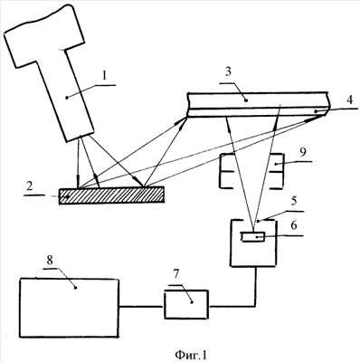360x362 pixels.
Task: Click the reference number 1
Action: coord(104,76)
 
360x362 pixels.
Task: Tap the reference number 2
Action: coord(29,187)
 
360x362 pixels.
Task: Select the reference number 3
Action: coord(228,72)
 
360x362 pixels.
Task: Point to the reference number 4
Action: coord(349,100)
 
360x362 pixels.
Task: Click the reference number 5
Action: coord(294,200)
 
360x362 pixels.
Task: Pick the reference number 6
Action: coord(294,225)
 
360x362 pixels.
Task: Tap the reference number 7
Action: coord(175,274)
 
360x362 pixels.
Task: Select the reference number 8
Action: coord(49,260)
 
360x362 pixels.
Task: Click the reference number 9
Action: coord(303,152)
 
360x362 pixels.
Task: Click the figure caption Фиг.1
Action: coord(191,355)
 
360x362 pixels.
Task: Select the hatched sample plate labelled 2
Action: coord(112,195)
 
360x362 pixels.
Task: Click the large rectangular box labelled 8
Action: coord(69,308)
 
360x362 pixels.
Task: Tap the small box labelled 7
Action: coord(186,304)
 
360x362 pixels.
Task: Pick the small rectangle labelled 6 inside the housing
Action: coord(252,237)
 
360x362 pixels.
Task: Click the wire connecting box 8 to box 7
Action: coord(142,307)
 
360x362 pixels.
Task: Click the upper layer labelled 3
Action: coord(258,100)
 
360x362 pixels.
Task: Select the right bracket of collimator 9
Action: coord(276,171)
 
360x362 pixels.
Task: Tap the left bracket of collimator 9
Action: coord(226,171)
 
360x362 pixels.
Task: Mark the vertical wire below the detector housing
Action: coord(256,287)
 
